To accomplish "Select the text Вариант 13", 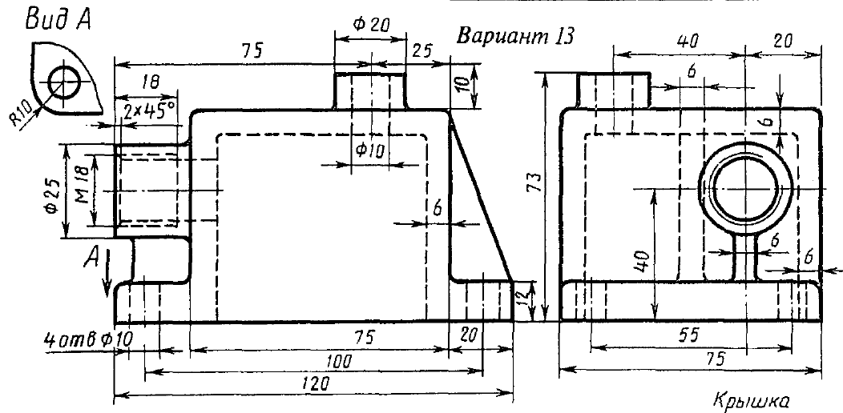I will pyautogui.click(x=514, y=38).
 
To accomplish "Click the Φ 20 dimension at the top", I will pyautogui.click(x=371, y=25).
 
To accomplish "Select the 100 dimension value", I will pyautogui.click(x=341, y=362).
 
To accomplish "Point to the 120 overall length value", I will pyautogui.click(x=315, y=385).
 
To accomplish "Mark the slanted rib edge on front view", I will pyautogui.click(x=481, y=200).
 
